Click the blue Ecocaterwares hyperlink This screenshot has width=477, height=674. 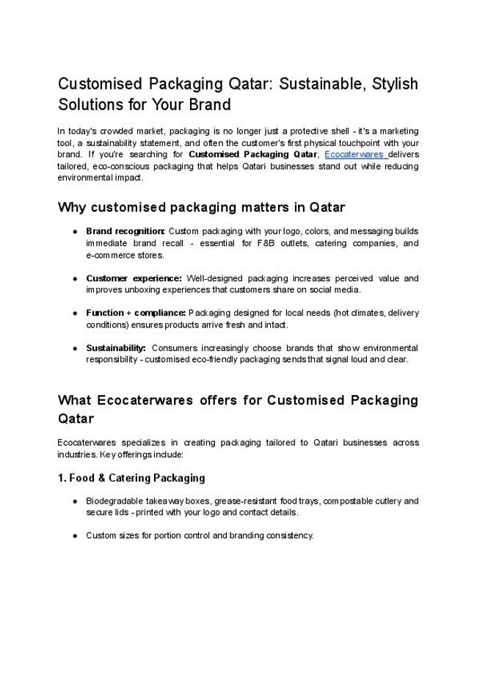355,155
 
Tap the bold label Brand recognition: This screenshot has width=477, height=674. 125,231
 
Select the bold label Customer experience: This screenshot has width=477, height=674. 134,278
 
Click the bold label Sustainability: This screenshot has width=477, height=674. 117,347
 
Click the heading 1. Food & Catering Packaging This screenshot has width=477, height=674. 131,478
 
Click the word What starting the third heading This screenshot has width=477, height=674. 73,400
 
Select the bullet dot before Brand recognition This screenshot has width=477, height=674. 76,231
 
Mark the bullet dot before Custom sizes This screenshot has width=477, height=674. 76,535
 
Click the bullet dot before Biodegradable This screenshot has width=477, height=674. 76,501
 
